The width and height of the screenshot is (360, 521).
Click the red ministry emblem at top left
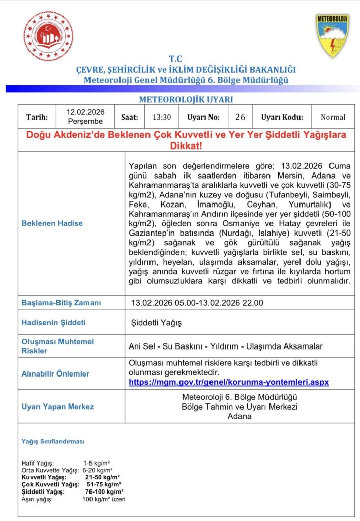click(49, 36)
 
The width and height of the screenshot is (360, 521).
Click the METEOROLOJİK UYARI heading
click(186, 100)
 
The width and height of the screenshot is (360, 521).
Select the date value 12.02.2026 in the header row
click(85, 112)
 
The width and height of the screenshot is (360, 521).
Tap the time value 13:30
click(162, 117)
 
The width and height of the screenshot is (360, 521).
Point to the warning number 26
click(241, 117)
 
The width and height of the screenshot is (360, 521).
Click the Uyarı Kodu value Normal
click(333, 117)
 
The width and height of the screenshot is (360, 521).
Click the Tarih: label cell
click(37, 117)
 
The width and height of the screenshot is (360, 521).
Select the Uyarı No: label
click(203, 117)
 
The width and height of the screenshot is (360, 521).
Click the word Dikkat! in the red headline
click(186, 146)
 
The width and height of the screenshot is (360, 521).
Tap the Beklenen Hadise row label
click(52, 223)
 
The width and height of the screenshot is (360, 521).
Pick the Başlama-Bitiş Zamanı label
click(61, 303)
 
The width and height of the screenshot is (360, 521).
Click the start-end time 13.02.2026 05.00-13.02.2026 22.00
click(197, 303)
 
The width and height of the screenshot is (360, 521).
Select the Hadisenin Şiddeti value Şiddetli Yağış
click(156, 323)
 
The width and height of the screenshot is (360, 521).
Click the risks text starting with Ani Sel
click(226, 346)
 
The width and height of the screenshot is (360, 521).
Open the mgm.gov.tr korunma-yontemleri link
click(229, 382)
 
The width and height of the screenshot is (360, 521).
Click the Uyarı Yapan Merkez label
click(57, 407)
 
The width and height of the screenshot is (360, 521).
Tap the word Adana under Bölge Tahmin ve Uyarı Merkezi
click(239, 416)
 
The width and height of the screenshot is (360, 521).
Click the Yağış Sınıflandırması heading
click(53, 441)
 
